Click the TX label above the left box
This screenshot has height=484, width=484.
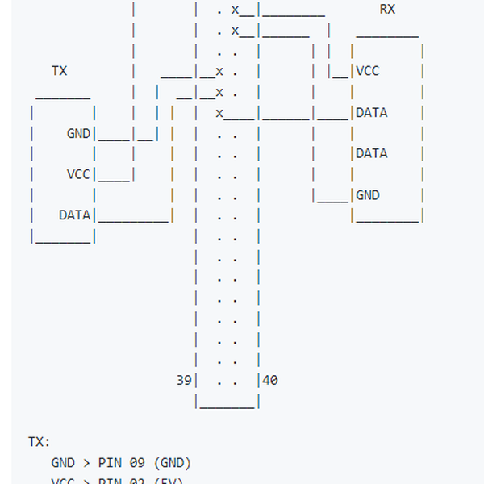pyautogui.click(x=60, y=71)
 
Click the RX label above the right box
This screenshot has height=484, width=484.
pyautogui.click(x=387, y=10)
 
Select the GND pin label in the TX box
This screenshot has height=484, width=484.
pyautogui.click(x=78, y=133)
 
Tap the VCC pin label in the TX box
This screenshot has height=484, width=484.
pyautogui.click(x=78, y=174)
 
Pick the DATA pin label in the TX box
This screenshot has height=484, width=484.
pyautogui.click(x=75, y=215)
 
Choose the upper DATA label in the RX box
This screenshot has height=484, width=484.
pyautogui.click(x=371, y=113)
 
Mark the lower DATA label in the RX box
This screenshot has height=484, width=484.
pyautogui.click(x=371, y=153)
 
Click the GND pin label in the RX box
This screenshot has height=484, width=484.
pyautogui.click(x=367, y=195)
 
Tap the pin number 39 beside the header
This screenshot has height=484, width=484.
pyautogui.click(x=184, y=379)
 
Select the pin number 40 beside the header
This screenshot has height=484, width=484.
pyautogui.click(x=270, y=379)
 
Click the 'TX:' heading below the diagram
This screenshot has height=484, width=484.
pyautogui.click(x=40, y=442)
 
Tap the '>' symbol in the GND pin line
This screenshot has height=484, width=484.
pyautogui.click(x=86, y=463)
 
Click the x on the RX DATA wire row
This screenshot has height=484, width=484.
pyautogui.click(x=219, y=113)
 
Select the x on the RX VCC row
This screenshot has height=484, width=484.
pyautogui.click(x=219, y=71)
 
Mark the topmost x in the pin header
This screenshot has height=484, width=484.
pyautogui.click(x=235, y=10)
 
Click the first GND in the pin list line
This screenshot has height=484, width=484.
pyautogui.click(x=63, y=463)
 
